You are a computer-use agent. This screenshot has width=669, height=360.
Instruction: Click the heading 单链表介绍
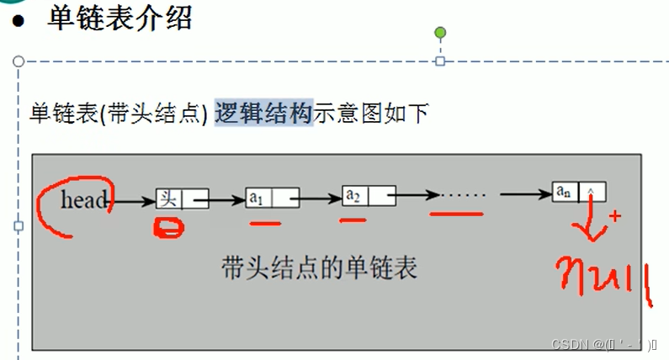tap(119, 19)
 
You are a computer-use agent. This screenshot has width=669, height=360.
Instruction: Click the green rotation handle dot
tap(439, 33)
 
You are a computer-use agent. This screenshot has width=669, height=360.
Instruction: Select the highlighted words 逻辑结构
tap(263, 112)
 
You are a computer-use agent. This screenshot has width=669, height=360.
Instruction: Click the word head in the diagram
tap(84, 200)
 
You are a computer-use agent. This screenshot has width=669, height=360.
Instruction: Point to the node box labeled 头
tap(182, 199)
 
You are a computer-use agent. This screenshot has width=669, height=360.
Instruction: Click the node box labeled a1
tap(272, 199)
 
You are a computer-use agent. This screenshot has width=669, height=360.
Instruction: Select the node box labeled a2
tap(369, 197)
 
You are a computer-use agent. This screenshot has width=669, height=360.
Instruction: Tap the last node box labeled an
tap(578, 192)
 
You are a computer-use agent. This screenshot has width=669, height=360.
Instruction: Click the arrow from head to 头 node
tap(132, 201)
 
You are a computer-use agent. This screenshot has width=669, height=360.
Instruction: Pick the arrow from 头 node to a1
tap(226, 200)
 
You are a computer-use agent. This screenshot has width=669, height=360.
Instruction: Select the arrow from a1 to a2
tap(321, 199)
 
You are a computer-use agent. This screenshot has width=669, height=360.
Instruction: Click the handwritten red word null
tap(605, 278)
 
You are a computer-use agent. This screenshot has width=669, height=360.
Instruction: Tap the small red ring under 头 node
tap(171, 228)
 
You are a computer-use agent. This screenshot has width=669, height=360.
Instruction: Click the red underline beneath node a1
tap(265, 225)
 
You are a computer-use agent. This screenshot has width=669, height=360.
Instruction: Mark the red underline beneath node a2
tap(353, 220)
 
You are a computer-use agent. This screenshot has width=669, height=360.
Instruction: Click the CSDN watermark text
tap(604, 345)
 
